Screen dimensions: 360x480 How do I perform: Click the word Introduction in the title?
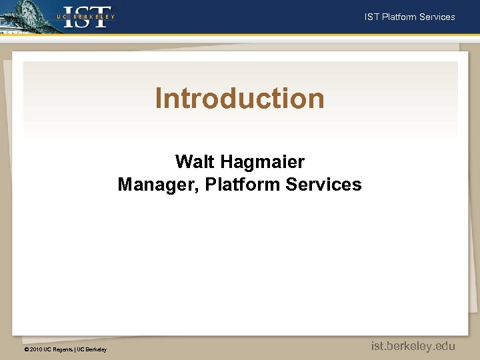click(x=240, y=99)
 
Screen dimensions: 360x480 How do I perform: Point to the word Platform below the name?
click(x=243, y=185)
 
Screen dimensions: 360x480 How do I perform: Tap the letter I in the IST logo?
click(x=69, y=17)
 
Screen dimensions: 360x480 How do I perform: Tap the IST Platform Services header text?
click(x=409, y=17)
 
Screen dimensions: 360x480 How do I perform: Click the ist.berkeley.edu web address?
click(x=413, y=345)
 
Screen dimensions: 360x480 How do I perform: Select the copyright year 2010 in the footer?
click(x=36, y=349)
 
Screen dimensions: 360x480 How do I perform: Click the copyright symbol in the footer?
click(x=26, y=349)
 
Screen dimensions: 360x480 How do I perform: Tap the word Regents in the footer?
click(x=63, y=349)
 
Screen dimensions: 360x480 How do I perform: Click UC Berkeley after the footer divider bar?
click(x=92, y=349)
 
